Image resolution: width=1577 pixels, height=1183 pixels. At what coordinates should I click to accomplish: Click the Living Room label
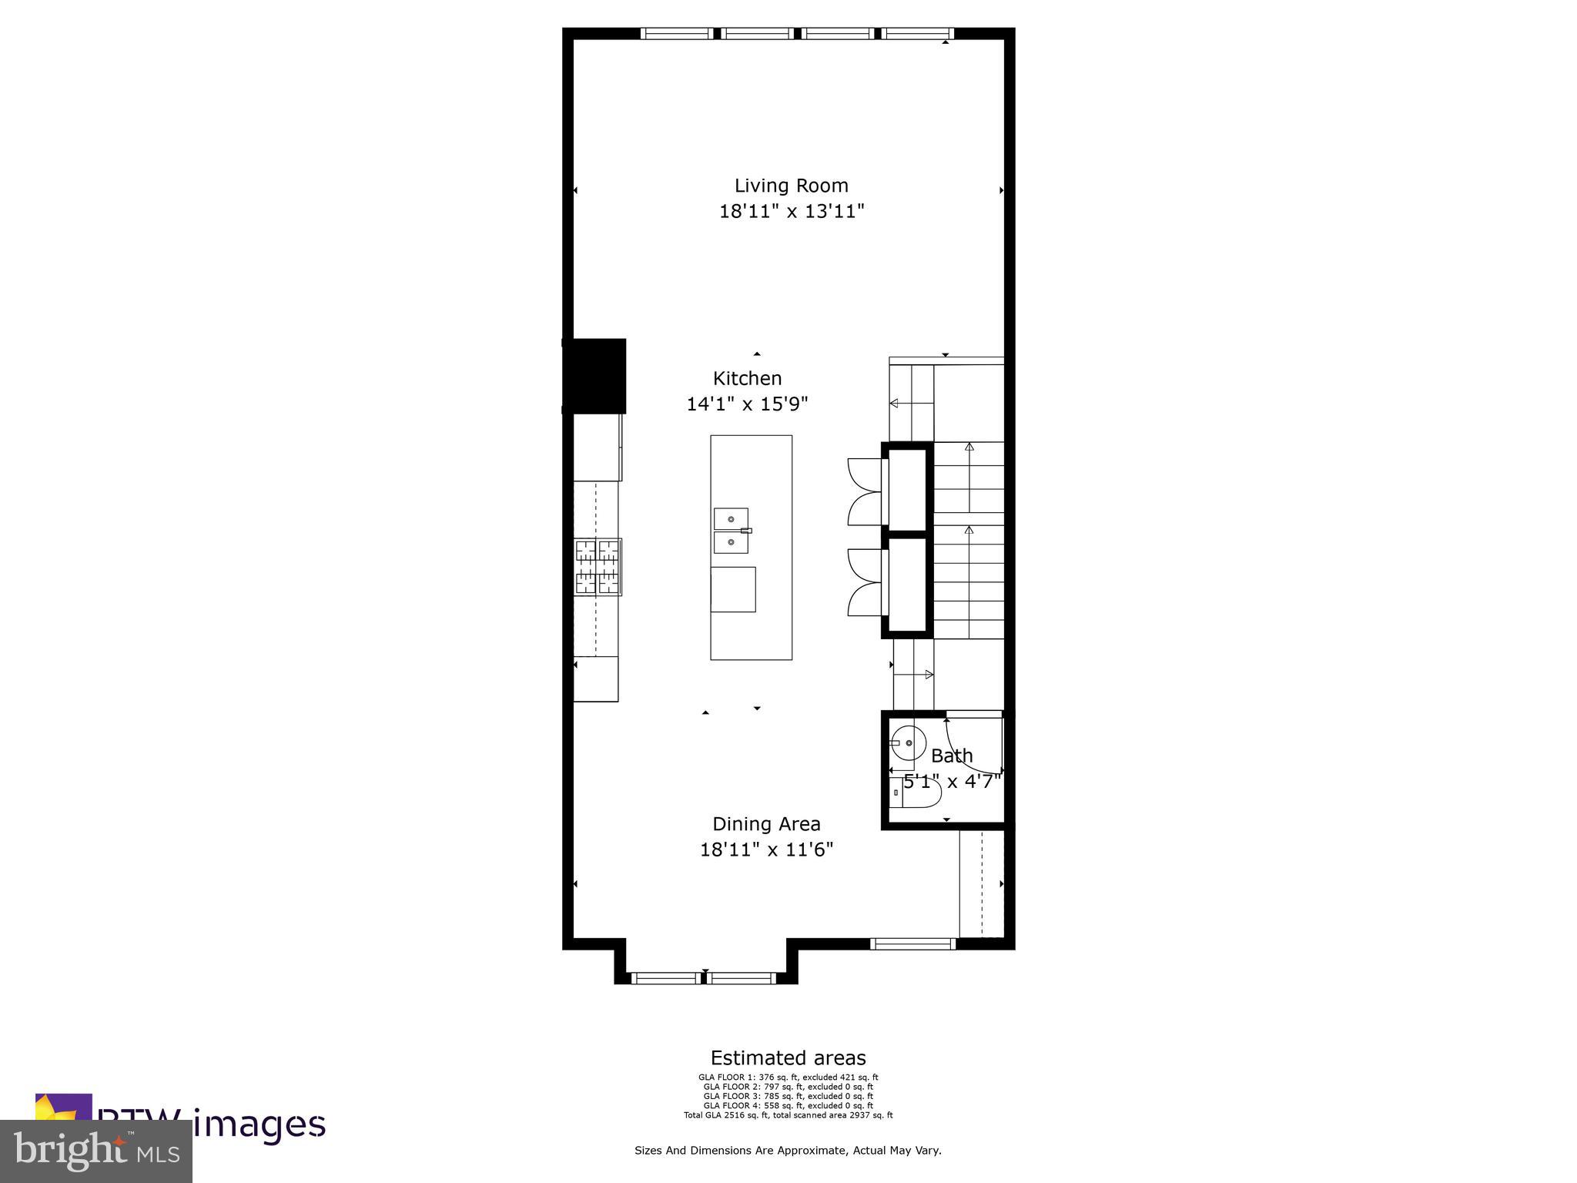pyautogui.click(x=791, y=186)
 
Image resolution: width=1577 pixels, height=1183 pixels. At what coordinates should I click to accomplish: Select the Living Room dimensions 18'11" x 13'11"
pyautogui.click(x=792, y=212)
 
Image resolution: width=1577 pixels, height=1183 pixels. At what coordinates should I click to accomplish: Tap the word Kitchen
pyautogui.click(x=747, y=378)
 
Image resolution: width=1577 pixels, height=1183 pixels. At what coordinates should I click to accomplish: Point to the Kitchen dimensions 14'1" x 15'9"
pyautogui.click(x=747, y=404)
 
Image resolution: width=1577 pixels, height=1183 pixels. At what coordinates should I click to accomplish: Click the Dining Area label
pyautogui.click(x=766, y=824)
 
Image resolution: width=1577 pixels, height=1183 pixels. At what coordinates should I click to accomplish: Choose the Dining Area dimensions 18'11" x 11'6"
pyautogui.click(x=766, y=850)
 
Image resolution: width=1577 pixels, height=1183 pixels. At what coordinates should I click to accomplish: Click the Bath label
pyautogui.click(x=952, y=756)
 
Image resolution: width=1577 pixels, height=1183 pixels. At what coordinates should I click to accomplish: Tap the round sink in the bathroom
pyautogui.click(x=906, y=743)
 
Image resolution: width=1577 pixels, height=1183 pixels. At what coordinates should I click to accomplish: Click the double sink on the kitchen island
pyautogui.click(x=731, y=531)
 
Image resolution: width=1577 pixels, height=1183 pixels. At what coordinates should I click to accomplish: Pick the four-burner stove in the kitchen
pyautogui.click(x=598, y=567)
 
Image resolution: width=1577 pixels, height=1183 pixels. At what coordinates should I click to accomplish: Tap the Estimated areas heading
pyautogui.click(x=788, y=1058)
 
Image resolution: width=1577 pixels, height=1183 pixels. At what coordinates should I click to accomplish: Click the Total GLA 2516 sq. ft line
pyautogui.click(x=788, y=1115)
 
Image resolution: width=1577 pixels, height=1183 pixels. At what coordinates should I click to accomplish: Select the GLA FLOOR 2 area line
pyautogui.click(x=788, y=1087)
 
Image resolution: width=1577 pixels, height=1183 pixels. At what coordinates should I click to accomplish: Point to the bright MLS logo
pyautogui.click(x=96, y=1151)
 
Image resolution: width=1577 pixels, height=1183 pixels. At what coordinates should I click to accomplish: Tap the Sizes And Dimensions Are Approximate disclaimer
pyautogui.click(x=788, y=1151)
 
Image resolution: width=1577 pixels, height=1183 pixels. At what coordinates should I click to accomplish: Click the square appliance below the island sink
pyautogui.click(x=733, y=589)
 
